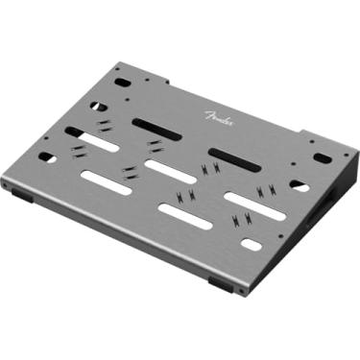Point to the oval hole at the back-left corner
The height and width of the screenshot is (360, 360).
(122, 83)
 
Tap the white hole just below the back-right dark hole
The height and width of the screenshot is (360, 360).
(300, 185)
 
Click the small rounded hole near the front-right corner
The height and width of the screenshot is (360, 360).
(252, 245)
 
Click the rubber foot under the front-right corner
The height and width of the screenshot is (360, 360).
(220, 285)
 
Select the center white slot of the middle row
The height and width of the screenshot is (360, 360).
(164, 169)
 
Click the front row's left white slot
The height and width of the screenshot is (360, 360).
(106, 181)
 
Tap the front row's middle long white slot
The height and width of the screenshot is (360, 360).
(184, 216)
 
